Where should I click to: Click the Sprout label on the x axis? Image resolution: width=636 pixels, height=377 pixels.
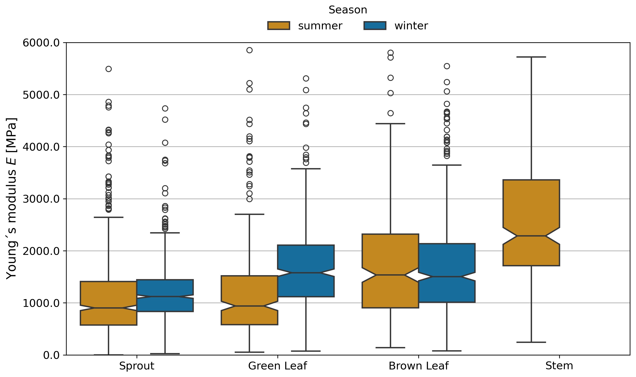[x=137, y=366]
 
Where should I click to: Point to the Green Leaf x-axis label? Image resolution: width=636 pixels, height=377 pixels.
[x=277, y=366]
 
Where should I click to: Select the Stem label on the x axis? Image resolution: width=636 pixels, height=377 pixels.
[x=559, y=366]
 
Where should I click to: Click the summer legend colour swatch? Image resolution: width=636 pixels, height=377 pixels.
[x=279, y=26]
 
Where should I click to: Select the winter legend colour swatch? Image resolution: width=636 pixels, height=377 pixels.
[x=375, y=26]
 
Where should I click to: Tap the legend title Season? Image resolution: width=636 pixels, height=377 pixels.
[x=348, y=10]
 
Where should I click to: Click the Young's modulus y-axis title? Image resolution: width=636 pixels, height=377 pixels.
[x=11, y=199]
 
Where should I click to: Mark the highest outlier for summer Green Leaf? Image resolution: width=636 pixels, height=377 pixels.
[x=249, y=50]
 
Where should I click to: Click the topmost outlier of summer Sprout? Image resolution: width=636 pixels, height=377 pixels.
[x=109, y=69]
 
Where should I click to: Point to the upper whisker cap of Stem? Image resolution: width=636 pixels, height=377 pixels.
[x=531, y=57]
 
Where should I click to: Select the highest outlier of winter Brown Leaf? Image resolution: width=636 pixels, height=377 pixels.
[x=447, y=66]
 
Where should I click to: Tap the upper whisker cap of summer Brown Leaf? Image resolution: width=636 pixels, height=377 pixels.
[x=390, y=124]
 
